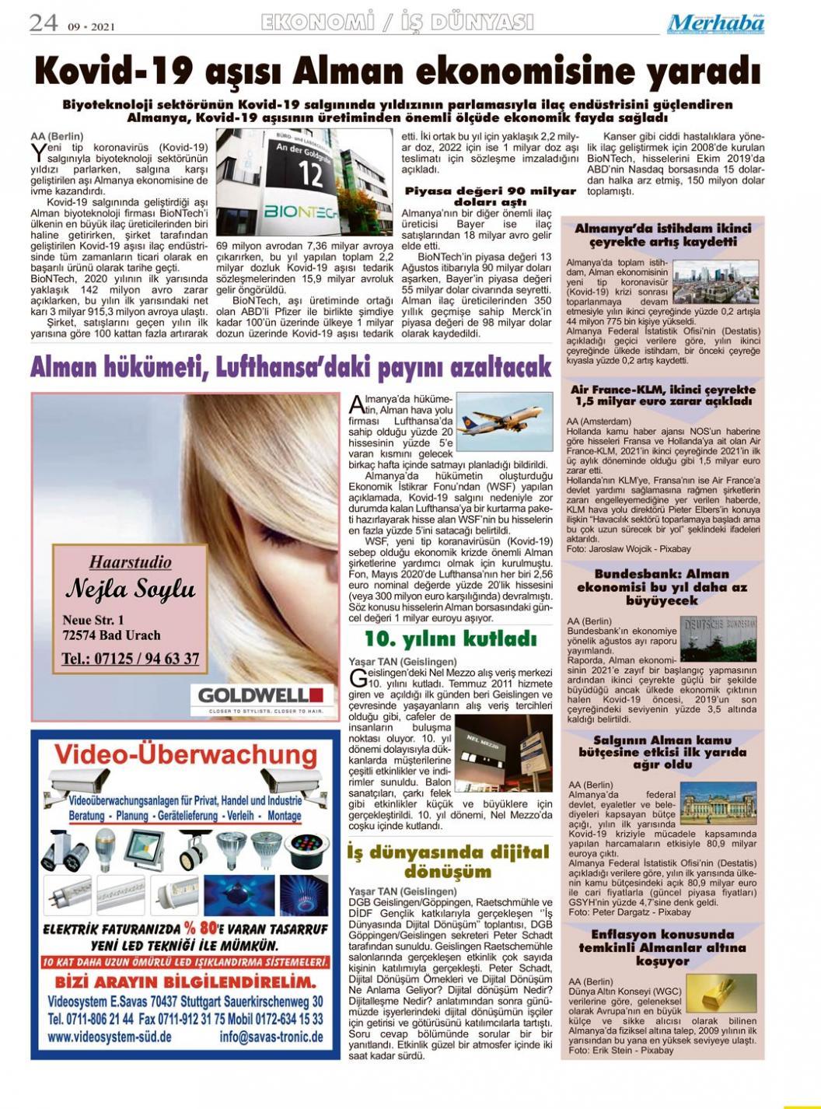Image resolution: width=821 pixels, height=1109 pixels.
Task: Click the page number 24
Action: point(44,23)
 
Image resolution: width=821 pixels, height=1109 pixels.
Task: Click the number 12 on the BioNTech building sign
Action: point(310,173)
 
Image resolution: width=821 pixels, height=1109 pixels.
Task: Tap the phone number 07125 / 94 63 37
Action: point(130,659)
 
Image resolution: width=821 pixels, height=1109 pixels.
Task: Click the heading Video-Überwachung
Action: point(186,754)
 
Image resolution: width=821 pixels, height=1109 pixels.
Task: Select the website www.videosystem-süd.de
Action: point(109,1037)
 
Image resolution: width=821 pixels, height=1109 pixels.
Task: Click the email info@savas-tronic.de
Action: point(271,1037)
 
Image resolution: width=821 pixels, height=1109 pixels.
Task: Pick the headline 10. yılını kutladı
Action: point(451,639)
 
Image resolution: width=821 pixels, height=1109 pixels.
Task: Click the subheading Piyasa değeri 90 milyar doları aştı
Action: point(490,196)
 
